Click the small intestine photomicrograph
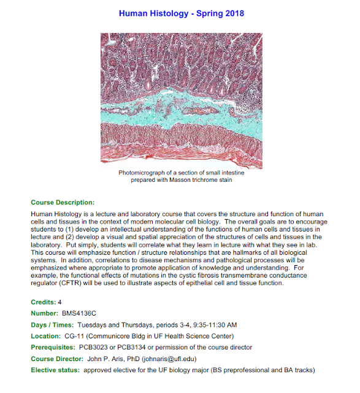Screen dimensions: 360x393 [x=182, y=99]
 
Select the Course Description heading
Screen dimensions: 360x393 [x=63, y=202]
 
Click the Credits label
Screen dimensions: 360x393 [x=42, y=302]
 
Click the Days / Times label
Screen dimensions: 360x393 [x=51, y=325]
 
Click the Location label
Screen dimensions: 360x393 [x=45, y=336]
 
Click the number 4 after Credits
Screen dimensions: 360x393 [x=59, y=302]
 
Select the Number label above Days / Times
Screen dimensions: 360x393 [x=44, y=313]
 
